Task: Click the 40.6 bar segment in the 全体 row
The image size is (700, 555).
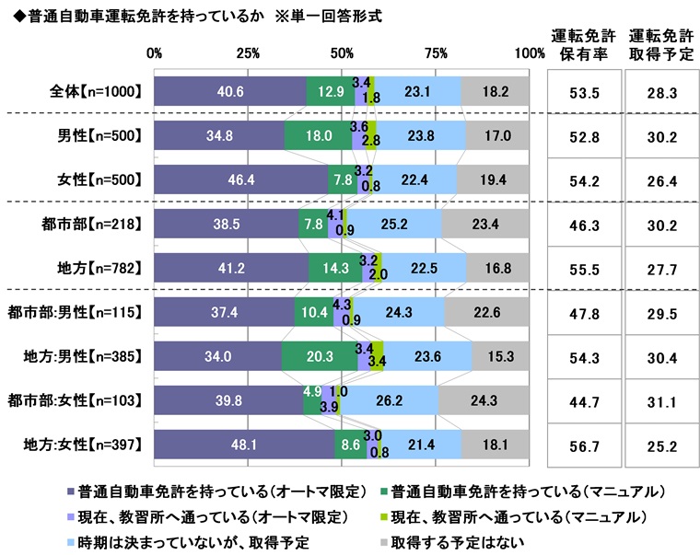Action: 229,91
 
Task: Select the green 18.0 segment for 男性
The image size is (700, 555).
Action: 318,135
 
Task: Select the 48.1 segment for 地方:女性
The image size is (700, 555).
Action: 244,445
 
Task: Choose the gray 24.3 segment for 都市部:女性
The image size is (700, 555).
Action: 484,400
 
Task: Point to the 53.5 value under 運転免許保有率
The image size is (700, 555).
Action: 581,91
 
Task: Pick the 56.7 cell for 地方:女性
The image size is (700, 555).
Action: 581,445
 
